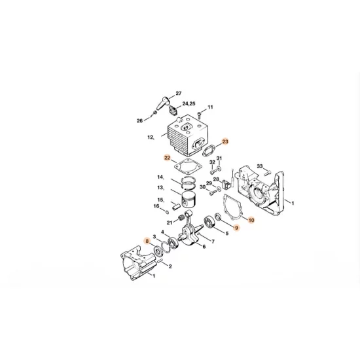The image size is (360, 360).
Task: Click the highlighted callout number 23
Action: (226, 141)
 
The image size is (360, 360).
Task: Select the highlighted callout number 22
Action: (167, 158)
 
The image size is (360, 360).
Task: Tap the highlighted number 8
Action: (148, 241)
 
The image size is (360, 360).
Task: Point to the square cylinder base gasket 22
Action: (190, 166)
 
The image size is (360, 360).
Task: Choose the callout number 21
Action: (169, 223)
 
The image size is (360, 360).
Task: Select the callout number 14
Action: (159, 177)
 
